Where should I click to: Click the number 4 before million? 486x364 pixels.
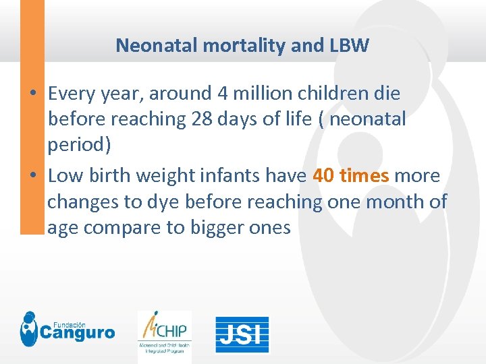pyautogui.click(x=224, y=92)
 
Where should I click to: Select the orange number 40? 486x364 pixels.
pyautogui.click(x=323, y=176)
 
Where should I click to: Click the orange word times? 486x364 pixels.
pyautogui.click(x=364, y=176)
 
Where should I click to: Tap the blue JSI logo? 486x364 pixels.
pyautogui.click(x=242, y=334)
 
